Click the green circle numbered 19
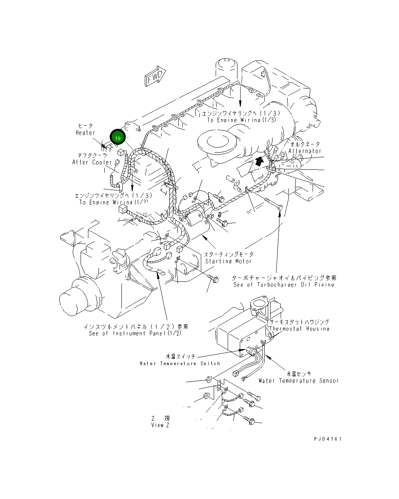(118, 138)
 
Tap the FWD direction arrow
(155, 76)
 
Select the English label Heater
(85, 133)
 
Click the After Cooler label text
(92, 162)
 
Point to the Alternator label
(305, 151)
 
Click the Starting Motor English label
(229, 261)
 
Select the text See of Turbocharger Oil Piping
(284, 285)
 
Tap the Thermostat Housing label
(299, 329)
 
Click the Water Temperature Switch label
(180, 364)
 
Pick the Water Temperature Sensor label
(299, 381)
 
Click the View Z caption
(160, 425)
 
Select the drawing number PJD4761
(328, 439)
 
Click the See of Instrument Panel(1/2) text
(135, 334)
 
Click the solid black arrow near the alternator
(258, 161)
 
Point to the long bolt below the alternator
(274, 204)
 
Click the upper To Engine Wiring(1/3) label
(241, 120)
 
